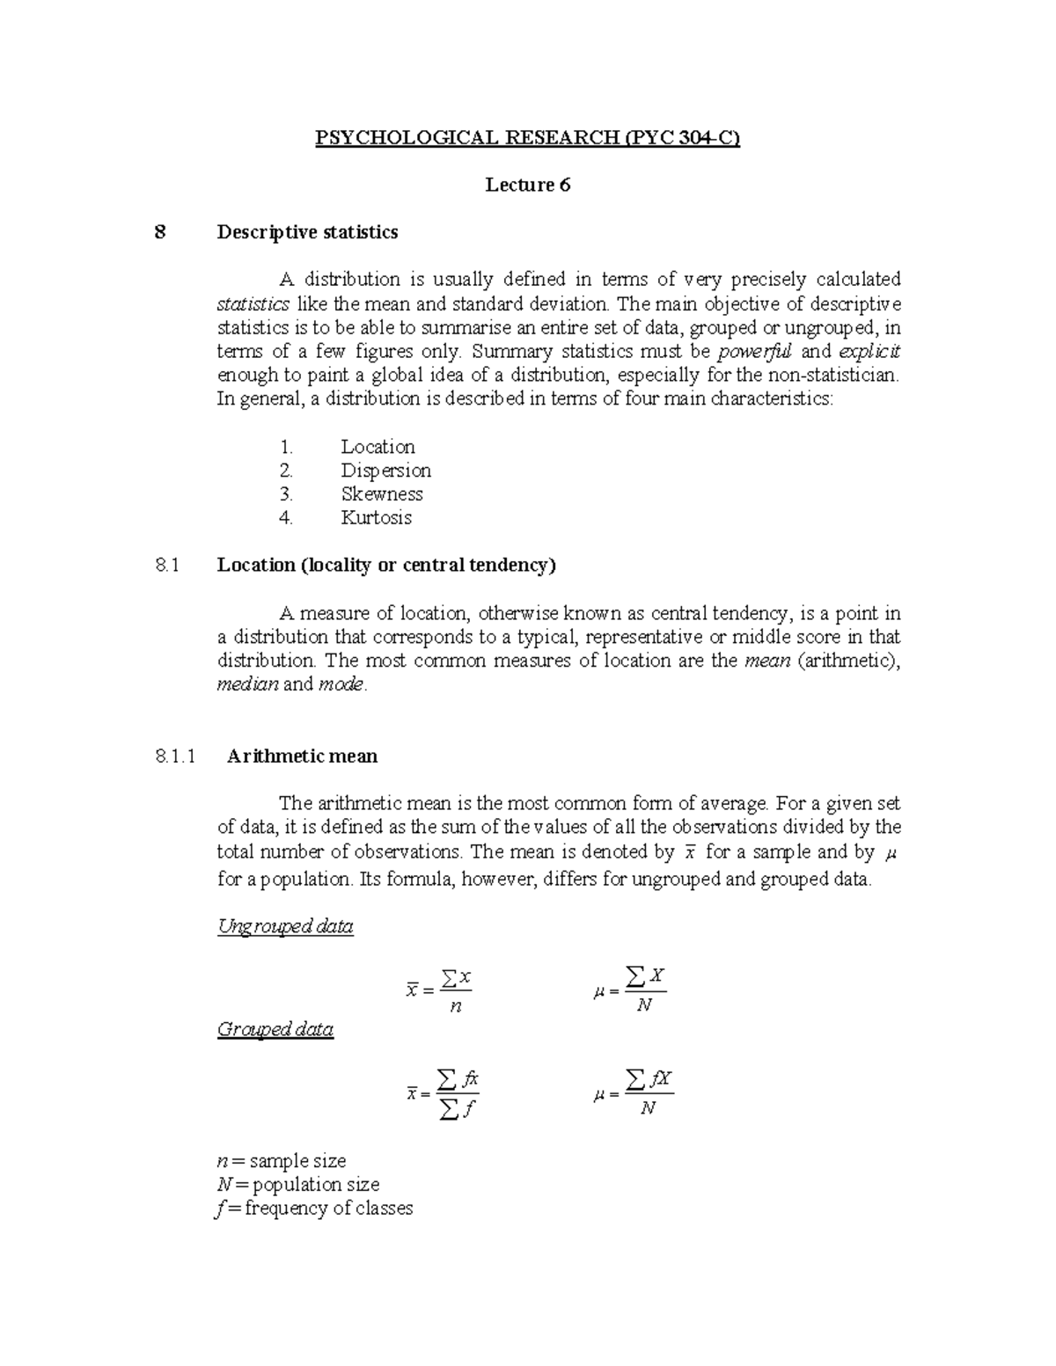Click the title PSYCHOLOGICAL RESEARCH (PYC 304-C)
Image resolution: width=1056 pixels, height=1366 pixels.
pyautogui.click(x=528, y=138)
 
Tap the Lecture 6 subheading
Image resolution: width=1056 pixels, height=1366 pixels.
pyautogui.click(x=528, y=185)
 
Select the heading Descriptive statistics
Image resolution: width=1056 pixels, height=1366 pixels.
pyautogui.click(x=307, y=232)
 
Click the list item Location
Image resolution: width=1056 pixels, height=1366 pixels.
pyautogui.click(x=378, y=447)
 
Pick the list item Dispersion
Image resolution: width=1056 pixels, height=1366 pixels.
pyautogui.click(x=385, y=471)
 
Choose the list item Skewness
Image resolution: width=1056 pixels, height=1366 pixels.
pyautogui.click(x=382, y=494)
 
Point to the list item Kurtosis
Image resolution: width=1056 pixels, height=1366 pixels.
pyautogui.click(x=376, y=518)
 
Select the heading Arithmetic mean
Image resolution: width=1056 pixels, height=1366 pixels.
pyautogui.click(x=302, y=756)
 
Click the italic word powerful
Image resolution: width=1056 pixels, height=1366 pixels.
pyautogui.click(x=756, y=352)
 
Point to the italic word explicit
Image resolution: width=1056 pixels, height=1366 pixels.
pyautogui.click(x=869, y=352)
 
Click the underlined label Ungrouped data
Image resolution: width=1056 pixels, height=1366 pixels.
pyautogui.click(x=285, y=926)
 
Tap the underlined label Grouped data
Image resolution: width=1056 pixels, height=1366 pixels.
pyautogui.click(x=275, y=1029)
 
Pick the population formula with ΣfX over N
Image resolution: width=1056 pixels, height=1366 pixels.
pyautogui.click(x=634, y=1092)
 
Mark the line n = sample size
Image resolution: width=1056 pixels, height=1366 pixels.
pyautogui.click(x=281, y=1161)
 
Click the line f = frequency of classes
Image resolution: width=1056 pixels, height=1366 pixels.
pyautogui.click(x=314, y=1209)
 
